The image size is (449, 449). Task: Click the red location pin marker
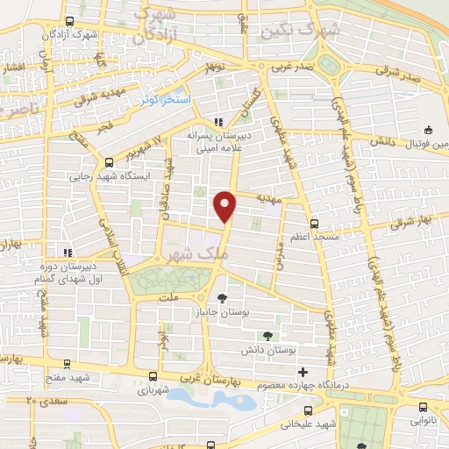point(226,205)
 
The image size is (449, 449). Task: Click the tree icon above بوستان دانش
point(268,335)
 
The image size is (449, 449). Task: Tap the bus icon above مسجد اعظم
point(313,223)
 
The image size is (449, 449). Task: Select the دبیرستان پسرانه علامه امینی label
point(219,143)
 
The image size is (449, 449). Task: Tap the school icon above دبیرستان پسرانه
point(218,121)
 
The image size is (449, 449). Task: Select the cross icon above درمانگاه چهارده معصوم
point(303,371)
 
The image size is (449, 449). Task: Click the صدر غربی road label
point(289,67)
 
